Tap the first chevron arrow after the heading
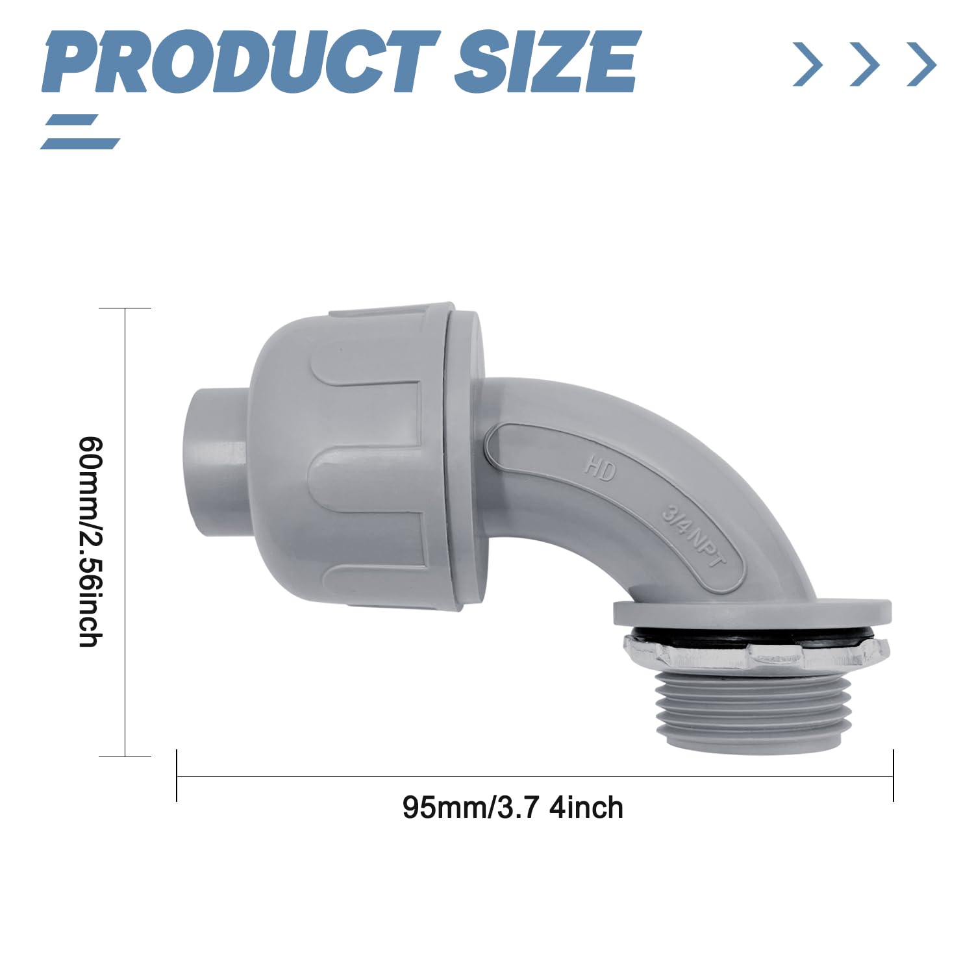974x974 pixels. point(808,64)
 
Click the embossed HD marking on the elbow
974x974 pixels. point(599,468)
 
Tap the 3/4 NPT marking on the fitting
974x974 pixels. point(692,539)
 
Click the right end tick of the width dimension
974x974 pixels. point(893,775)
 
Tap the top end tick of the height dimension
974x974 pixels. point(125,308)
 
